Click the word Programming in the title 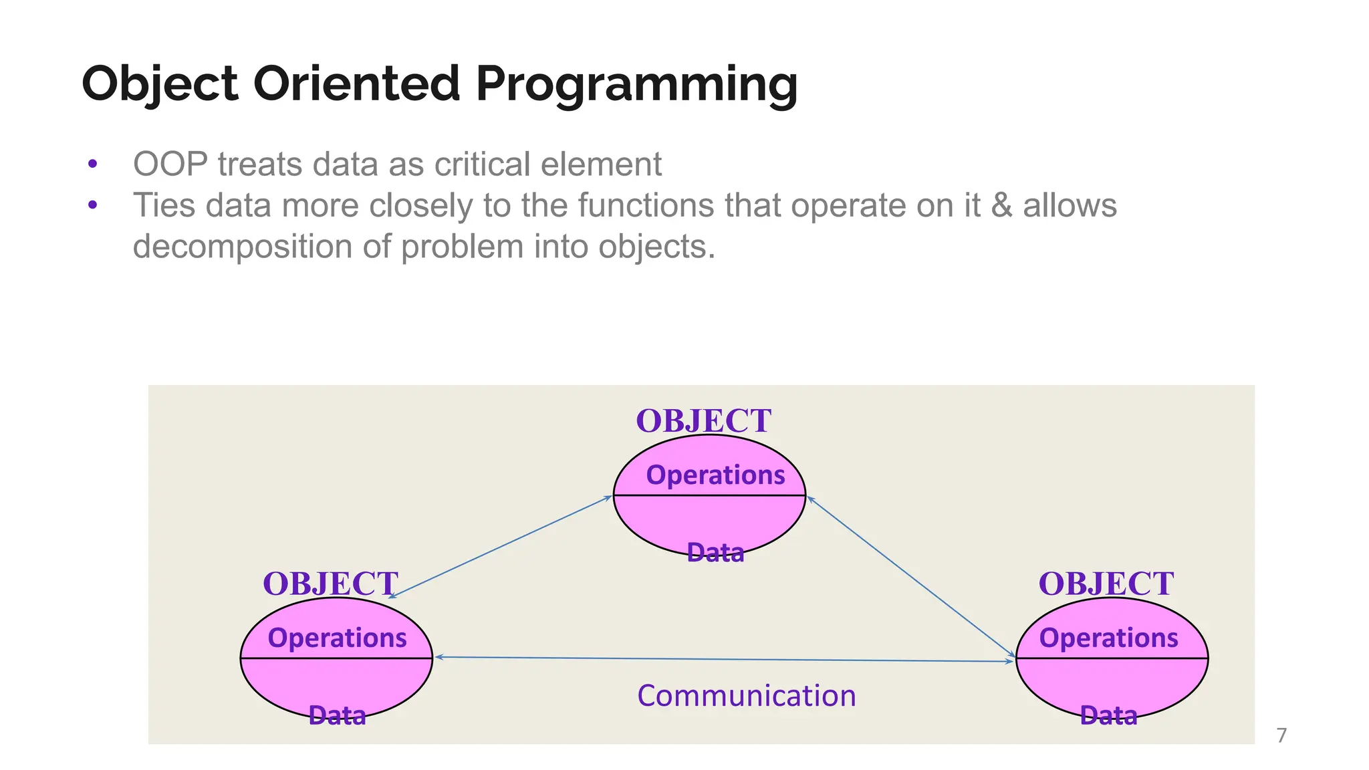click(636, 85)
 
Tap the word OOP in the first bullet click(170, 164)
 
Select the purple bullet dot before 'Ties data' click(93, 205)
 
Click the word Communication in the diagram click(746, 696)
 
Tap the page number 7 click(1281, 735)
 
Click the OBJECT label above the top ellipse click(703, 421)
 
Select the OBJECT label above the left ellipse click(330, 584)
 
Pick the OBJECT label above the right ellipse click(1106, 584)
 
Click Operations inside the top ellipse click(715, 475)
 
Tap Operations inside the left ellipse click(337, 638)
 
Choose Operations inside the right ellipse click(1108, 638)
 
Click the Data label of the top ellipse click(715, 553)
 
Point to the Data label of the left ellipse click(337, 716)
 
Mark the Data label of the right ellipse click(1108, 716)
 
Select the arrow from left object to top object click(500, 547)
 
